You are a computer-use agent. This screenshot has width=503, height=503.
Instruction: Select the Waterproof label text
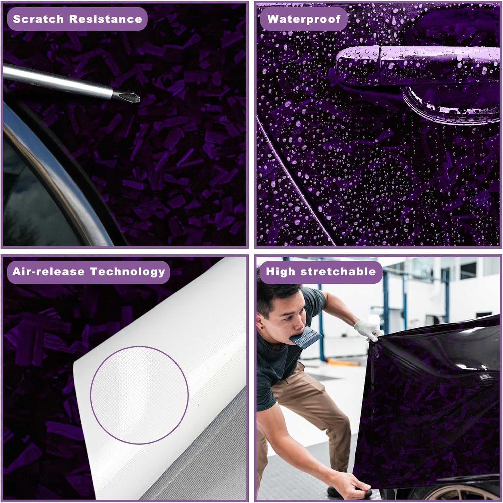304,19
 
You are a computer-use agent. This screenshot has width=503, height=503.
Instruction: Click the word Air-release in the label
48,271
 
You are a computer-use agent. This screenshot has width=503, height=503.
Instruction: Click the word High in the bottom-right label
280,271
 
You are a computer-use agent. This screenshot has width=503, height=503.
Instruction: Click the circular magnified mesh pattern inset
139,395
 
